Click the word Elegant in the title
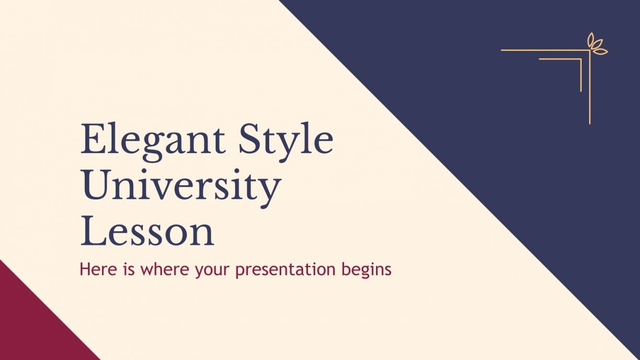[152, 140]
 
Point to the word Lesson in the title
[147, 232]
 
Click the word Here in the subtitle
[96, 270]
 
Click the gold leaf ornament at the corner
[596, 45]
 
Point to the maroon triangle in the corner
[29, 326]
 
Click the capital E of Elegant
[91, 139]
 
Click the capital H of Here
[85, 270]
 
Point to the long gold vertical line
[590, 86]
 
